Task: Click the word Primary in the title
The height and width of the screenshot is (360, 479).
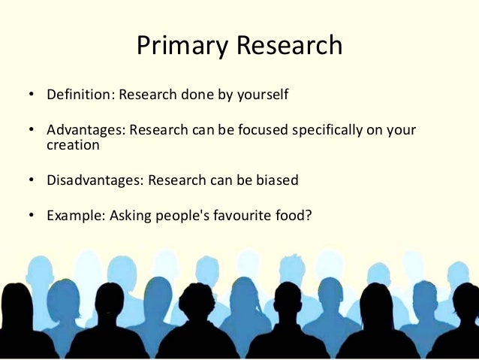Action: tap(182, 47)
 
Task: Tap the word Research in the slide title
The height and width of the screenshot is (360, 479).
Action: tap(289, 47)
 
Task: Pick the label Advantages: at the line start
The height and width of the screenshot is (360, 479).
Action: tap(86, 131)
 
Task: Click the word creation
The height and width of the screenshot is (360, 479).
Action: tap(73, 145)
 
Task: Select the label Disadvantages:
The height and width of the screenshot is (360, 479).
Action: tap(95, 180)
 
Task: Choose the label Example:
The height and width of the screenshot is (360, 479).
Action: tap(76, 216)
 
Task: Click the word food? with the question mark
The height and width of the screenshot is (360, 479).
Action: tap(295, 216)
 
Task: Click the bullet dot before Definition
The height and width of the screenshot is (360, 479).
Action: tap(32, 97)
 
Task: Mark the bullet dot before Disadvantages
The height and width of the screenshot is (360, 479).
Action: tap(32, 181)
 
